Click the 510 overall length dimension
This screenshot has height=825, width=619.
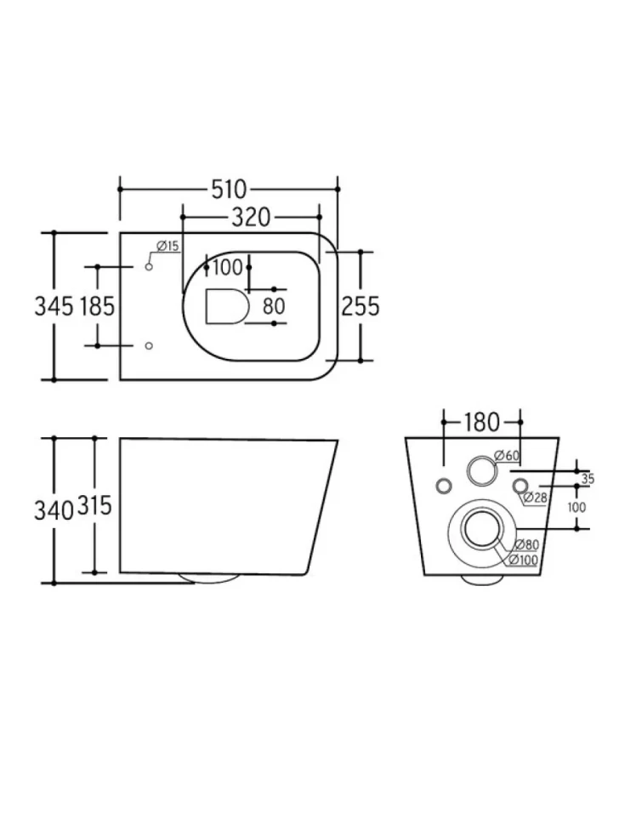(229, 190)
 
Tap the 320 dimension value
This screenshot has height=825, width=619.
(251, 217)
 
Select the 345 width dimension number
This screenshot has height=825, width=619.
(54, 305)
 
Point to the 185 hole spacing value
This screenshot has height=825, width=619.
(97, 305)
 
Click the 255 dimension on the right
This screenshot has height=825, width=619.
(361, 305)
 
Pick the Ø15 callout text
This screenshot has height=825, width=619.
(168, 246)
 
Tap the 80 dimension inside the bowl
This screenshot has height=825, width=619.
(274, 306)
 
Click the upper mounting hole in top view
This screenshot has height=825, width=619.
(149, 267)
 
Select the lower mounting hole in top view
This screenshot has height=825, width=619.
(149, 345)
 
